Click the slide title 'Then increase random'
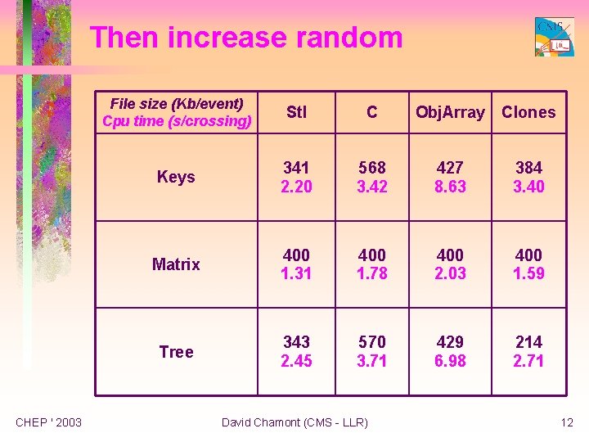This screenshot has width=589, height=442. click(x=246, y=38)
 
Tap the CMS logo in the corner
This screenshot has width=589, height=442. click(x=554, y=37)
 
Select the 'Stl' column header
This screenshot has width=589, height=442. click(x=296, y=112)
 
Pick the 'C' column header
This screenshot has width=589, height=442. click(x=372, y=112)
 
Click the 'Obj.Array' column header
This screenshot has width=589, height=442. click(x=450, y=112)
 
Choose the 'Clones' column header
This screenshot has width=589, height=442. click(x=528, y=112)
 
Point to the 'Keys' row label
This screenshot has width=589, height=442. click(x=176, y=177)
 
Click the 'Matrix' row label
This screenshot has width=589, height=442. click(x=176, y=264)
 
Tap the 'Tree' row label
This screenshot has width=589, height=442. click(x=176, y=352)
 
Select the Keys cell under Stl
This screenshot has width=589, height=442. click(x=296, y=177)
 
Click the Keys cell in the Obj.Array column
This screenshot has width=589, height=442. click(x=450, y=177)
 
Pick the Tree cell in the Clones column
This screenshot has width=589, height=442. click(x=528, y=351)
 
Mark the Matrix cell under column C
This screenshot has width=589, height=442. click(x=372, y=264)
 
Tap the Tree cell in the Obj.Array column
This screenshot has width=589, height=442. click(x=450, y=351)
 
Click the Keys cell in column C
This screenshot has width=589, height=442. click(x=372, y=177)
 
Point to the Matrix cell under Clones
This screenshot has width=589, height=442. click(x=528, y=264)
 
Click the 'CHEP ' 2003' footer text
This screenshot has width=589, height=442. click(x=49, y=422)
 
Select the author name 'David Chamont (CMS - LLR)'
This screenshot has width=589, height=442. click(x=294, y=422)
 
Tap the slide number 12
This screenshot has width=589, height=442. click(x=567, y=422)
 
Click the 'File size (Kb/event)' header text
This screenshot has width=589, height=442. click(x=176, y=104)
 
